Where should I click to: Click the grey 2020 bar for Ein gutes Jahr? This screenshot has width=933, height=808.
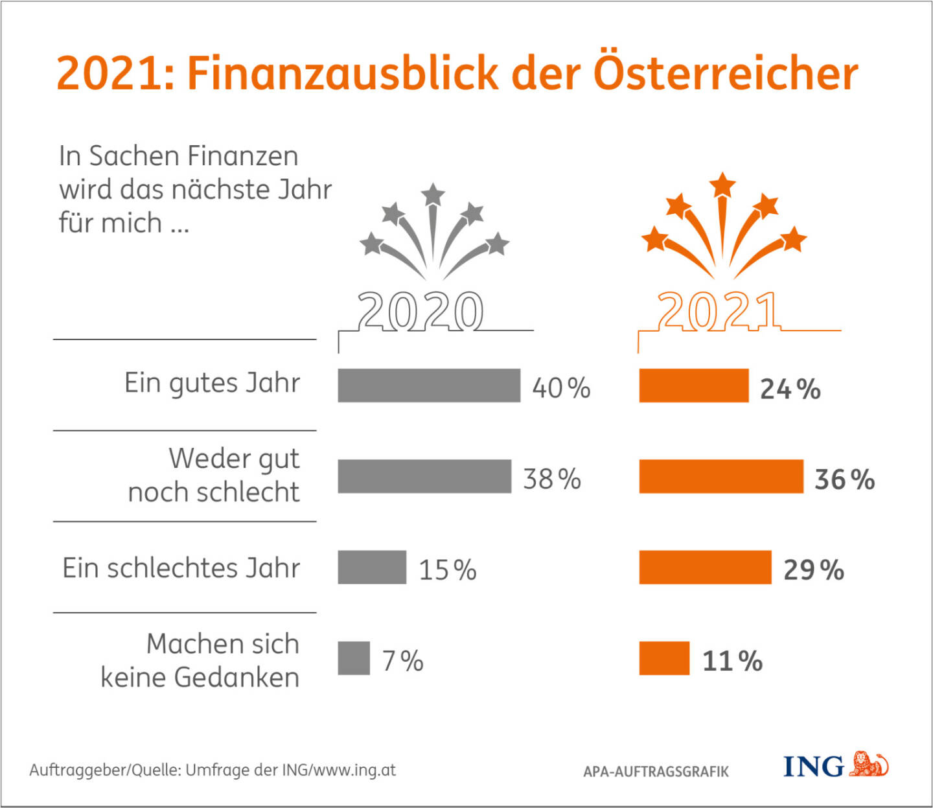coord(429,386)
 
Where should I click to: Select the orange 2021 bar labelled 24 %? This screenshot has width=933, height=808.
coord(693,386)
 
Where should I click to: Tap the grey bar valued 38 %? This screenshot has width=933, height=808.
coord(424,476)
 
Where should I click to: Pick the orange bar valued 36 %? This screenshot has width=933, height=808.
coord(721,476)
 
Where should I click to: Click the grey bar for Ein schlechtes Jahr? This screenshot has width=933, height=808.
coord(372,567)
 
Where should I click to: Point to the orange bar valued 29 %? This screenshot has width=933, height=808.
coord(705,567)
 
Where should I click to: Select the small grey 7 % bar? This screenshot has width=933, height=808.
coord(354,658)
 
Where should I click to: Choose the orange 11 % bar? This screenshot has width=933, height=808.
coord(664,658)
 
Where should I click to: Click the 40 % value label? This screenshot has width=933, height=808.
coord(561,388)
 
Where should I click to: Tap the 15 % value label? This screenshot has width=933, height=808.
coord(448,570)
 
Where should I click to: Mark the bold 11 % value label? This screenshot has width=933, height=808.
coord(732,661)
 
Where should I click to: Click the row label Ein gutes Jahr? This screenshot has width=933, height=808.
coord(213,383)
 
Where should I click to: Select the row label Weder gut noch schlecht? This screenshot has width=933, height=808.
coord(214,475)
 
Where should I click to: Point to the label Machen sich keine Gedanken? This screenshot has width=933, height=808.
coord(200,660)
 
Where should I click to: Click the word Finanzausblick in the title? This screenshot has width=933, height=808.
coord(343,73)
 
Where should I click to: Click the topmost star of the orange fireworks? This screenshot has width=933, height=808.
coord(722,185)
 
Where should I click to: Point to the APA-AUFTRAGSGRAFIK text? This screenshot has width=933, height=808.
coord(656,771)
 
